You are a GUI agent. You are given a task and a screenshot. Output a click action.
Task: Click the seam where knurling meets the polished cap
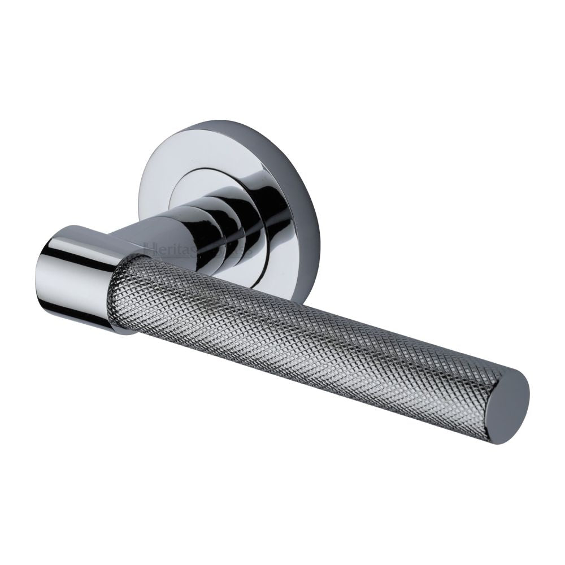pyautogui.click(x=121, y=294)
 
